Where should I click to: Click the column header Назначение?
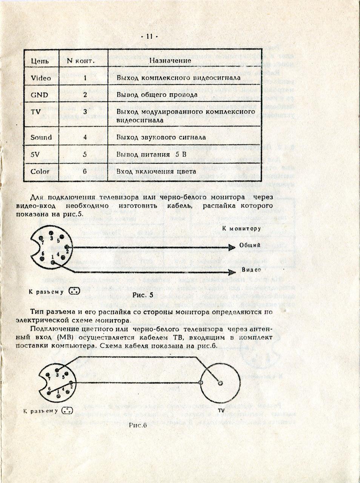[170, 60]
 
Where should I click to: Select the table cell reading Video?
[40, 78]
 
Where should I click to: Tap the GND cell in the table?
[39, 95]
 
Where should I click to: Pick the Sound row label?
[41, 137]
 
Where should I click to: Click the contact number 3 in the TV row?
[85, 112]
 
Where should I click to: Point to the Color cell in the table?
[40, 171]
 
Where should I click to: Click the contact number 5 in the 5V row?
[85, 154]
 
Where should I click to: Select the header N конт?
[80, 60]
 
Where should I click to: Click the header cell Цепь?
[39, 60]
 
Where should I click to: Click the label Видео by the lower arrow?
[251, 271]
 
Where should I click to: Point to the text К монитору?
[241, 229]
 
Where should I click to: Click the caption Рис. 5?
[143, 295]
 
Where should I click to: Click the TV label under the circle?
[221, 410]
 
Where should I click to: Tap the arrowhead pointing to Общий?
[232, 247]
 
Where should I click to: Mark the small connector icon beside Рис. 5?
[75, 292]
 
